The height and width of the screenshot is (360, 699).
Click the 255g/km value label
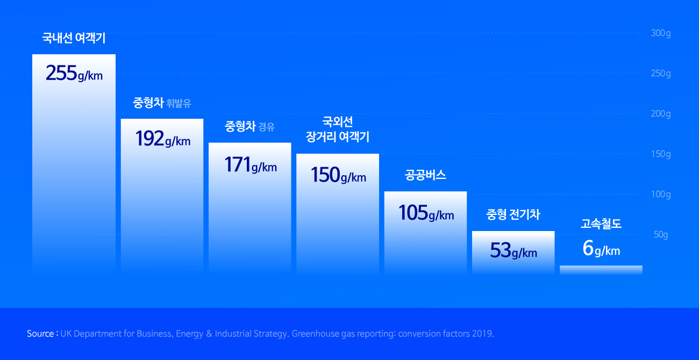(74, 73)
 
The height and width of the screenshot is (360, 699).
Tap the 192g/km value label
(163, 139)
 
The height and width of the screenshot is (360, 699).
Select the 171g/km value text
(251, 164)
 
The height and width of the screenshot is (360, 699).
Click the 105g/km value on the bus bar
(426, 213)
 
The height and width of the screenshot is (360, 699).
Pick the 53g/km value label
(513, 251)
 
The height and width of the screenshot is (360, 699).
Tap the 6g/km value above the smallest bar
(601, 249)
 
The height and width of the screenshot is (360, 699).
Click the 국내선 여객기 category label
(74, 38)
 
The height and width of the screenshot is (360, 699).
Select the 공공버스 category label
(425, 176)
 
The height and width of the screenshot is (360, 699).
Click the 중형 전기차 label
(513, 215)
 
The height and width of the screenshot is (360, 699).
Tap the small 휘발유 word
(179, 104)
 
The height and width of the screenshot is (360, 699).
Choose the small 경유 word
(267, 128)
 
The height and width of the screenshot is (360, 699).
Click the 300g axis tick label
(661, 33)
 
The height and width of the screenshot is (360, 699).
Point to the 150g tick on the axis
(661, 154)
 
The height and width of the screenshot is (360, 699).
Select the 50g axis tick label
(661, 235)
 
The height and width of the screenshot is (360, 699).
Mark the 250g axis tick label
(661, 74)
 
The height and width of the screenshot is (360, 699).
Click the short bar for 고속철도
(601, 270)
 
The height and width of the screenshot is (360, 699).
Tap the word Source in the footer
(40, 334)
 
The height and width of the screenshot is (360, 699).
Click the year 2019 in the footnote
(482, 334)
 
